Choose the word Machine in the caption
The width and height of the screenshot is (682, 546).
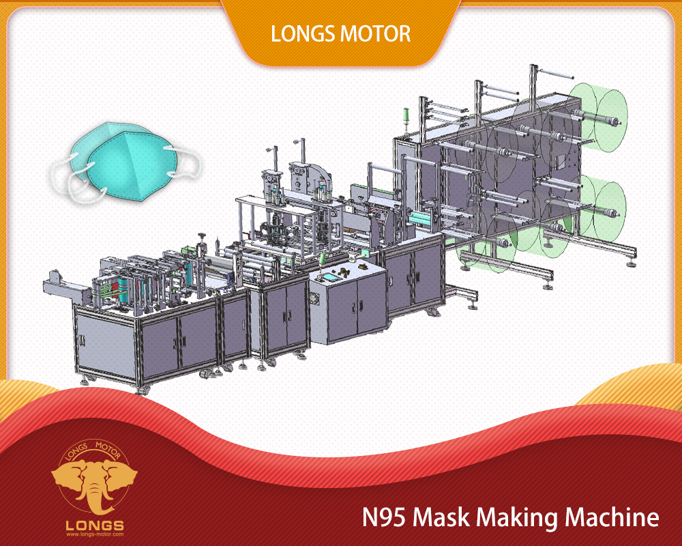[612, 517]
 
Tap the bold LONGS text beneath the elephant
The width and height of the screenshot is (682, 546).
[95, 526]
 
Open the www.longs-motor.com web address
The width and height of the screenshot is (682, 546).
[95, 534]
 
